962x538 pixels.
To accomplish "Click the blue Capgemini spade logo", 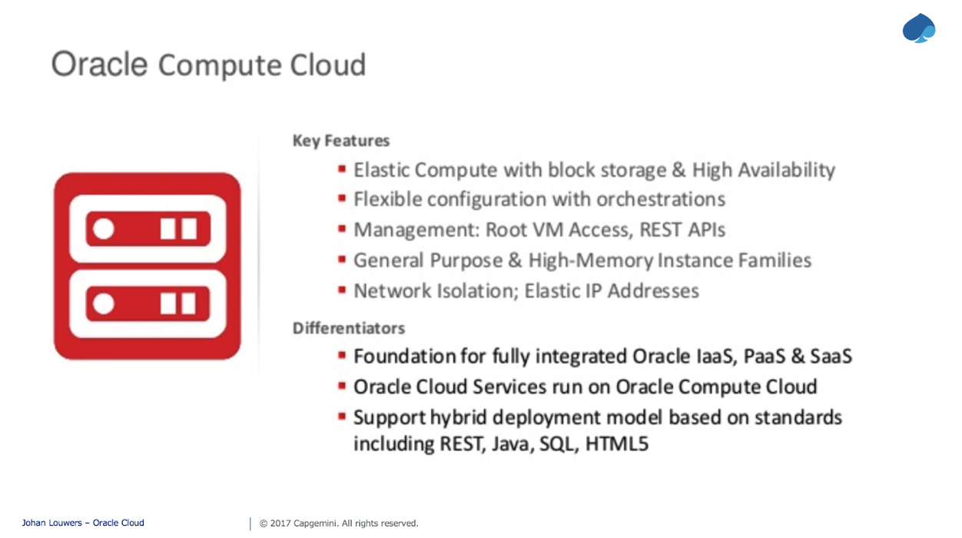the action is [919, 28].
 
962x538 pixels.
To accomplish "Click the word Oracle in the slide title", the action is [99, 65].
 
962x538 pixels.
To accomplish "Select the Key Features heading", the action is [341, 141].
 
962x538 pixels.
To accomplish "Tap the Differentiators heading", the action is [349, 328].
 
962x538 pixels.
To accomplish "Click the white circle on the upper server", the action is [104, 228].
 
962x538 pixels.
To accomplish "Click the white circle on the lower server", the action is [104, 304].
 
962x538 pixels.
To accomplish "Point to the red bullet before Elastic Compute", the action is [342, 169].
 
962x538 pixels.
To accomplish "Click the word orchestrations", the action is [661, 199].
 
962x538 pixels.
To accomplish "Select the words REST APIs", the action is [682, 230].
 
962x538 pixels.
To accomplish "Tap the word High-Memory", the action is [591, 261].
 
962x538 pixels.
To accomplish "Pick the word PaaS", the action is [764, 356].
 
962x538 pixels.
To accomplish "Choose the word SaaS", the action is [831, 356].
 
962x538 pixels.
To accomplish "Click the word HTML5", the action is [617, 444].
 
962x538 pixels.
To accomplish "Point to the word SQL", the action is [556, 444].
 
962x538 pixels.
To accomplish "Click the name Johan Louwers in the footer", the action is [52, 523].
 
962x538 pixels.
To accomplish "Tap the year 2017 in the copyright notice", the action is [280, 523].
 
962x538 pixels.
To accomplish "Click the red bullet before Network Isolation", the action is [342, 290].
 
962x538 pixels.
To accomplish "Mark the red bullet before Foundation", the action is [342, 355].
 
